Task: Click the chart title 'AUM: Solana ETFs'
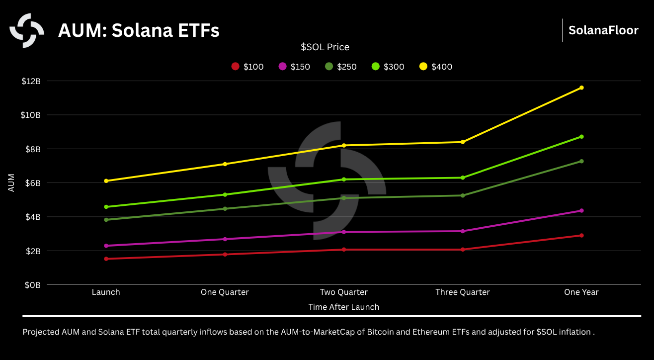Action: click(139, 31)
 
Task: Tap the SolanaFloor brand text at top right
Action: click(603, 30)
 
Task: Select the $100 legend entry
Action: click(247, 67)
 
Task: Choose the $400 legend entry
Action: click(436, 67)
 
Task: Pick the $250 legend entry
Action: click(341, 67)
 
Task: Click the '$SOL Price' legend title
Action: click(325, 47)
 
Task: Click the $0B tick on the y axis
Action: click(33, 285)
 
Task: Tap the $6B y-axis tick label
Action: click(33, 183)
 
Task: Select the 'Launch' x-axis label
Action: click(106, 292)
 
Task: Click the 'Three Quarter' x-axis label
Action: click(463, 292)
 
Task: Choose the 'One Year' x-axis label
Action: click(581, 292)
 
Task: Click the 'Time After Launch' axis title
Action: click(343, 307)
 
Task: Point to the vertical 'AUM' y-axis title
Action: click(11, 183)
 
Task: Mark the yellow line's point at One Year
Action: click(581, 88)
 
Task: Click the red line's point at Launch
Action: click(106, 259)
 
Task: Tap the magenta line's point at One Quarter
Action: click(225, 239)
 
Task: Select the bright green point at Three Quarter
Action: click(463, 178)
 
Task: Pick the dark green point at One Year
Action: click(581, 161)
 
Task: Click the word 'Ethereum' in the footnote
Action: click(430, 332)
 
